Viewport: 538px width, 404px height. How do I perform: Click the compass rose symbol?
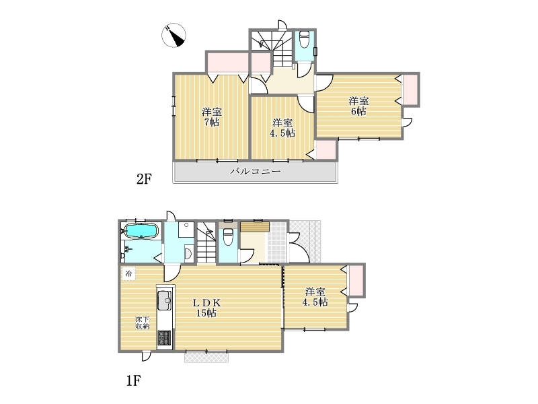coord(174,35)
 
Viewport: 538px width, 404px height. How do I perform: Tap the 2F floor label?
coord(144,179)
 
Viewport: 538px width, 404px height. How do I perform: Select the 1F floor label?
coord(133,380)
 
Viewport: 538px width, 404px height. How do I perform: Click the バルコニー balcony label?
coord(256,171)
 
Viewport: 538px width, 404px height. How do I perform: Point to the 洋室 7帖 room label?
coord(212,117)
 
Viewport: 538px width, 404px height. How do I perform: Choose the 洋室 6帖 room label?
coord(358,106)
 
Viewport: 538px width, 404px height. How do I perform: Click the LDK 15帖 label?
coord(206,308)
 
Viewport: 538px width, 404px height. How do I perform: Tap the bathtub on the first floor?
coord(141,230)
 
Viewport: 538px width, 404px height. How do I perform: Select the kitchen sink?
coord(164,300)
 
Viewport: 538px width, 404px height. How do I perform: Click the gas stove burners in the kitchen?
coord(164,338)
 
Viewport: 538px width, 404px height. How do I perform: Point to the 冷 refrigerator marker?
coord(128,274)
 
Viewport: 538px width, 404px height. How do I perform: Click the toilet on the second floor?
coord(305,40)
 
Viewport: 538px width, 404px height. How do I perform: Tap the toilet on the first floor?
coord(228,236)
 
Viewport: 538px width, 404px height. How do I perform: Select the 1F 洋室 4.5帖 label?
coord(315,297)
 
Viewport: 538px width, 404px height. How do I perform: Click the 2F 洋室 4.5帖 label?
coord(282,128)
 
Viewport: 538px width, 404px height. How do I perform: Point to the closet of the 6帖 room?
coord(410,90)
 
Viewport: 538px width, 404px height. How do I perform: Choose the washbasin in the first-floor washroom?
coord(188,254)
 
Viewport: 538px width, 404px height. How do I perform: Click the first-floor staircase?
coord(206,242)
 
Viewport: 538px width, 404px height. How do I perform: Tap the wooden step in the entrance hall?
coord(255,227)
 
